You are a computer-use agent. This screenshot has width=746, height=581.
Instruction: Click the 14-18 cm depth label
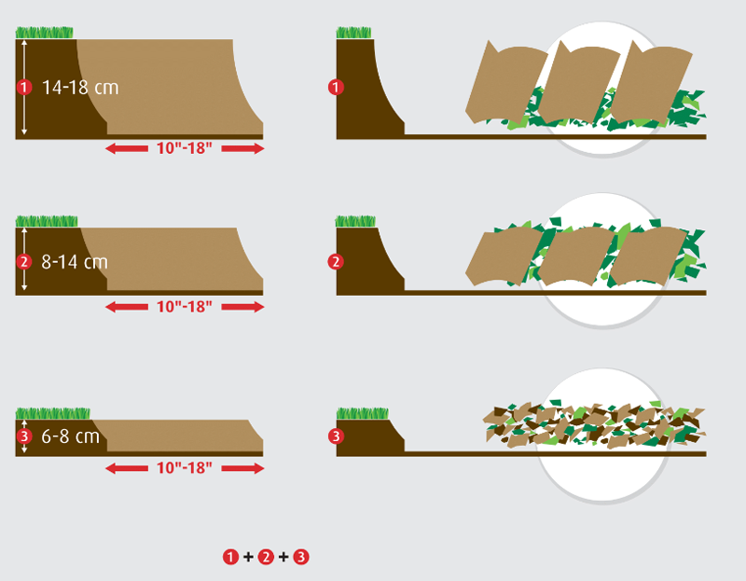point(80,88)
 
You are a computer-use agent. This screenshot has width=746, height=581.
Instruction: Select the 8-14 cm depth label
point(75,262)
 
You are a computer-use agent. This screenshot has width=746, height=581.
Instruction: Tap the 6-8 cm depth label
point(71,436)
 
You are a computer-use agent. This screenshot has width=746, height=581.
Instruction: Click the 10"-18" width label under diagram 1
point(184,148)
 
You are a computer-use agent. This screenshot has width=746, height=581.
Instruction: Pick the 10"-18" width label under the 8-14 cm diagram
point(184,307)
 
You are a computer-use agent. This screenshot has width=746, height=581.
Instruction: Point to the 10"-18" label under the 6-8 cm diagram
point(184,468)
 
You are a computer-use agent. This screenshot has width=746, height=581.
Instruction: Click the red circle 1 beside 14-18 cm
point(24,88)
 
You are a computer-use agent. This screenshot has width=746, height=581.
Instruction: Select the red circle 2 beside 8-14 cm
point(24,262)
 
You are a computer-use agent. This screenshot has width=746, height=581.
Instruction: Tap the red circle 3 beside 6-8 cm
point(24,436)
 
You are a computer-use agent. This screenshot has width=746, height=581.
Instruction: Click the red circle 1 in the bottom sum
point(230,557)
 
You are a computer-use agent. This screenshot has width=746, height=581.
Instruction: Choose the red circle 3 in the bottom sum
point(301,557)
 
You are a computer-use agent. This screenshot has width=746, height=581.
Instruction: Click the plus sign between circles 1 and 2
point(248,557)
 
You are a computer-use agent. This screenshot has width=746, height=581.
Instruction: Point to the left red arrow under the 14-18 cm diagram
point(127,148)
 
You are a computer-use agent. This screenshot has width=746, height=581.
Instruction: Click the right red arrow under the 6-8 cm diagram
point(242,469)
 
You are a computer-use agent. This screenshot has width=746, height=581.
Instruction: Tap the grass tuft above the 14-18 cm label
point(44,33)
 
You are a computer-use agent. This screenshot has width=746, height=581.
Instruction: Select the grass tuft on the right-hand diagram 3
point(363,413)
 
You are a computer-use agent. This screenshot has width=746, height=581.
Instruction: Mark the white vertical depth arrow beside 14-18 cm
point(24,88)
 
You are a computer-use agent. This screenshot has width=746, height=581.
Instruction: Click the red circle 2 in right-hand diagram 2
point(336,262)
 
